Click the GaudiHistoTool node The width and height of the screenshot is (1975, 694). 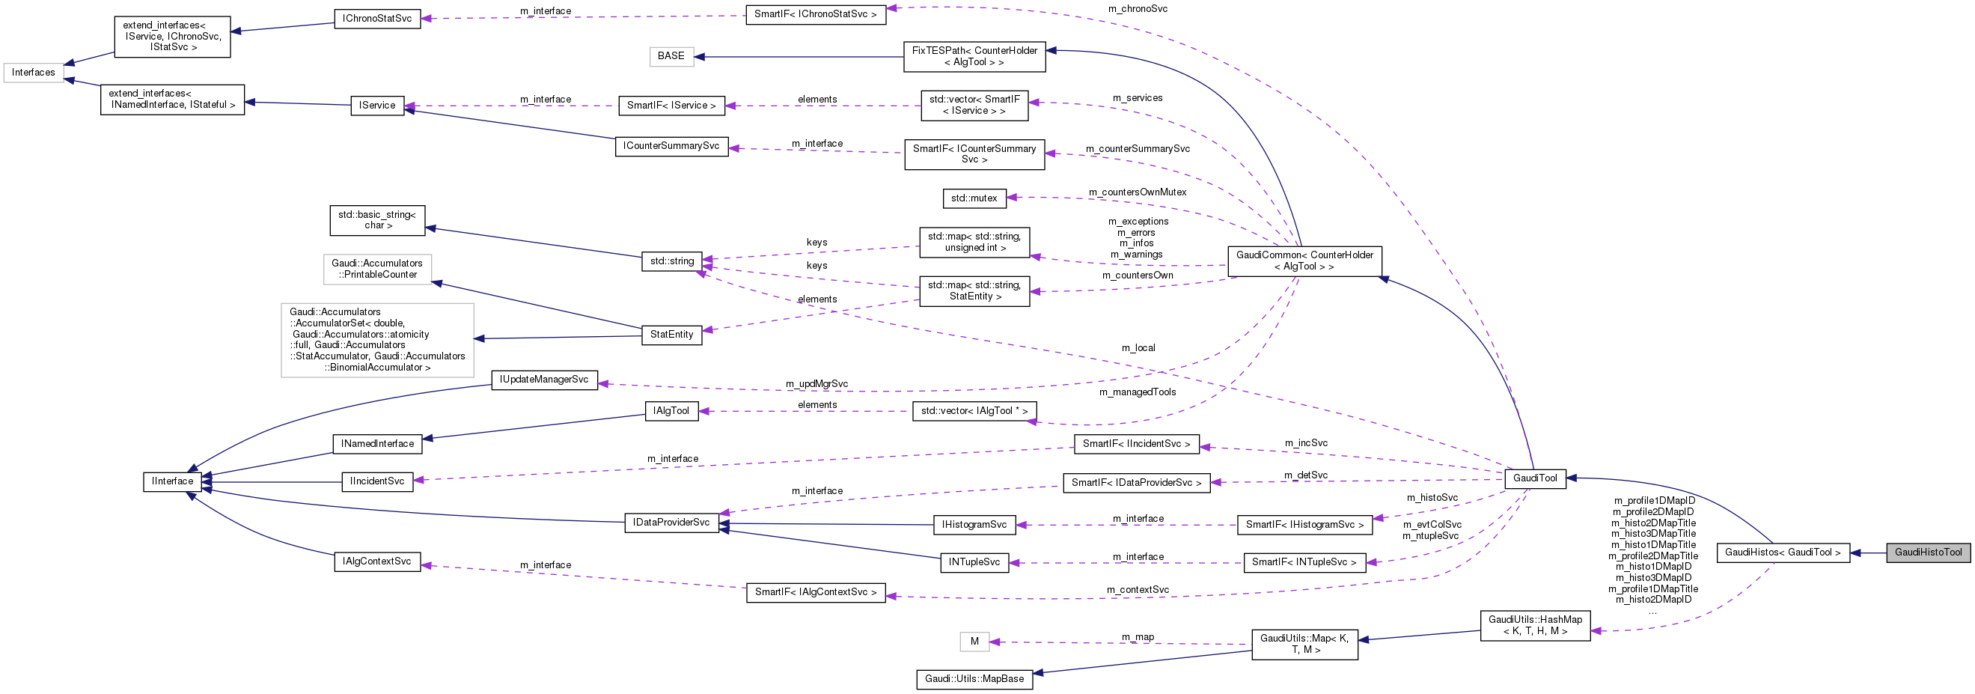1927,553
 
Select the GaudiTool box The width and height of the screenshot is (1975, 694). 1534,478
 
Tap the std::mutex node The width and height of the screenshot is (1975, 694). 974,198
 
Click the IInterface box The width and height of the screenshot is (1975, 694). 173,481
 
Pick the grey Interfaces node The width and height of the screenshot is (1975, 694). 33,72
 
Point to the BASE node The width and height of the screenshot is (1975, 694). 671,56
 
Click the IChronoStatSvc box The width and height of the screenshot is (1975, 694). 377,19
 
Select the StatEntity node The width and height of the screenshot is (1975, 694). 671,335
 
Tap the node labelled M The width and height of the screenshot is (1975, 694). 974,641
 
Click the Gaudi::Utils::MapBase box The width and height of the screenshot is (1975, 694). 974,679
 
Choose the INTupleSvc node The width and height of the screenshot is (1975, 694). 974,562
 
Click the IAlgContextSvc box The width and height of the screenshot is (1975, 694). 377,561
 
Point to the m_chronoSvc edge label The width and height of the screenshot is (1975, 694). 1137,9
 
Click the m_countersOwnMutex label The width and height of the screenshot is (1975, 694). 1137,192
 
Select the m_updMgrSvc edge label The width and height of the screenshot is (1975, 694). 816,383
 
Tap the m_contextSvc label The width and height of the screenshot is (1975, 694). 1137,590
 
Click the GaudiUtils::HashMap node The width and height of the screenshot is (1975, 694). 1534,625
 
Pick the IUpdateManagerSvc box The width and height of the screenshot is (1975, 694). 543,380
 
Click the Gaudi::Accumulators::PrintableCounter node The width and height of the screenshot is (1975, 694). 377,270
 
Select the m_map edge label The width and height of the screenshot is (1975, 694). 1137,637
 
